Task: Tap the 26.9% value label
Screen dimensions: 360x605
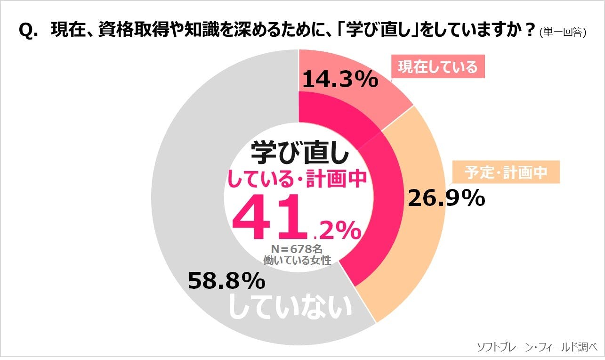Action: click(x=446, y=199)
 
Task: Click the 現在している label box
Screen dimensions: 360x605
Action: click(x=438, y=67)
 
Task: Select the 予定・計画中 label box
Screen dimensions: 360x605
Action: click(x=506, y=172)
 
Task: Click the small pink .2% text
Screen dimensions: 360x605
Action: click(x=338, y=231)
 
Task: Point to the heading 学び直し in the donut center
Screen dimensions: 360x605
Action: click(x=300, y=152)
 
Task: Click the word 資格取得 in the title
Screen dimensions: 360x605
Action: click(x=127, y=31)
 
